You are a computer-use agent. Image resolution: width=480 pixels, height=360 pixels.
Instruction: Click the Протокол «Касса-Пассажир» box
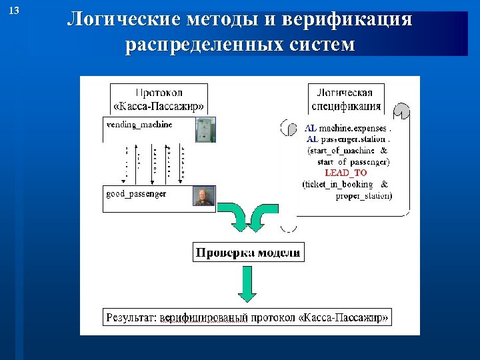pos(159,99)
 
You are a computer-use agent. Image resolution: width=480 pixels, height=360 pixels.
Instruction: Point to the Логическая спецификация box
pos(345,99)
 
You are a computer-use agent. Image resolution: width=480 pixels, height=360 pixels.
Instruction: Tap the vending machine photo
pos(205,130)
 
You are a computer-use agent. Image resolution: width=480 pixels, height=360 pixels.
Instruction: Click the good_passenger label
pos(137,193)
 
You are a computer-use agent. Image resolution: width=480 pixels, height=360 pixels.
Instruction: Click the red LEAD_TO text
pos(345,173)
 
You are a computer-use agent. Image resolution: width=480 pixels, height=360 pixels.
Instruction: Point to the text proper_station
pos(363,195)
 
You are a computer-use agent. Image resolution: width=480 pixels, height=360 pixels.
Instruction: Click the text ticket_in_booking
pos(338,184)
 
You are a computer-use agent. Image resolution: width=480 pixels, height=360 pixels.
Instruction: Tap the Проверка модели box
pos(248,253)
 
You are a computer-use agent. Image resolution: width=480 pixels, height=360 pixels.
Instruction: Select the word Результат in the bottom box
pos(130,317)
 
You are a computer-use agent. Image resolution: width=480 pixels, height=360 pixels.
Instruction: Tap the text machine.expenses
pos(353,128)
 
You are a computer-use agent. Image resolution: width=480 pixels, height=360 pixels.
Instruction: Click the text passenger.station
pos(354,139)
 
